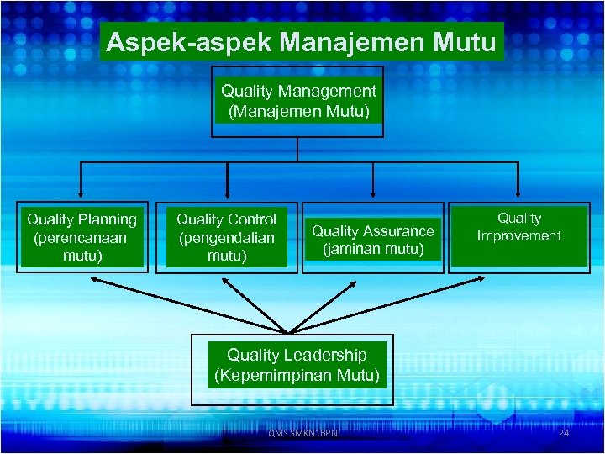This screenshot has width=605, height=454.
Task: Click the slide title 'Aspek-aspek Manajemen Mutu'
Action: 302,42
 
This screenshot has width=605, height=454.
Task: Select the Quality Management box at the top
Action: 297,101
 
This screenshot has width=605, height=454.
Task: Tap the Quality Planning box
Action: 82,237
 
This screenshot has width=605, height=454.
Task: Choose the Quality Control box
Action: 226,237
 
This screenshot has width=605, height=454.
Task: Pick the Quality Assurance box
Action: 373,240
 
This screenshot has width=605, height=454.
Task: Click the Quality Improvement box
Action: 518,235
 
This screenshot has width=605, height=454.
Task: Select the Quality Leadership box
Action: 297,365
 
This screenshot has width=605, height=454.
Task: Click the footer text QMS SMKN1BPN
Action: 302,433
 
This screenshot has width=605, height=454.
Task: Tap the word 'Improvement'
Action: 518,236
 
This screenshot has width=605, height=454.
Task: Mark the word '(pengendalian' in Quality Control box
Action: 226,237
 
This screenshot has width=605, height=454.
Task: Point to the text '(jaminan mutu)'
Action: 373,249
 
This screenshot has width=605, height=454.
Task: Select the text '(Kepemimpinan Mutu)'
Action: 297,375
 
